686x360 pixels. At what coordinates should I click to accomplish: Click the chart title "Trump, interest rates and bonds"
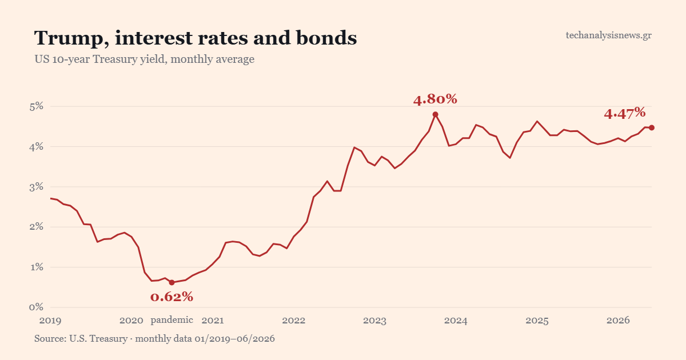196,39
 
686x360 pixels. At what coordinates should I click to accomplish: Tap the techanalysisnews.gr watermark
608,35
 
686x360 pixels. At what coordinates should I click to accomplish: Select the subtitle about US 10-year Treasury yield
144,59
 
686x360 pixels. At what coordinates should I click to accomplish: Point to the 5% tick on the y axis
37,106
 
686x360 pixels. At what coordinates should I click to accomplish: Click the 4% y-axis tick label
37,147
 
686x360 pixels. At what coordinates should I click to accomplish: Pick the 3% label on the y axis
37,187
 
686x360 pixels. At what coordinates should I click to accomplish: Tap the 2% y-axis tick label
37,227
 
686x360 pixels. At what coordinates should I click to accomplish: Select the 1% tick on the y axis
37,267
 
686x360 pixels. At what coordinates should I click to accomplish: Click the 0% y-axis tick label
37,307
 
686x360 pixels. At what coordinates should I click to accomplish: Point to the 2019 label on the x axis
50,321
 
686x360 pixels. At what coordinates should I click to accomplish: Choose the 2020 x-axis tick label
131,321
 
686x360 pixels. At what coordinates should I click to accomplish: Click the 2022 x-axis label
294,321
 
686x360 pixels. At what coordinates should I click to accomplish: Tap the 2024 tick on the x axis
456,321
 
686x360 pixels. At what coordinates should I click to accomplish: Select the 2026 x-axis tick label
618,321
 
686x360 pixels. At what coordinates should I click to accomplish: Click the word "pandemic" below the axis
172,320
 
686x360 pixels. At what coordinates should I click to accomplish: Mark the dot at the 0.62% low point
172,282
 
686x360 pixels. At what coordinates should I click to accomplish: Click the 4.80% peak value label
435,99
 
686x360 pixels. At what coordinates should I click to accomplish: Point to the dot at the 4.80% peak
435,114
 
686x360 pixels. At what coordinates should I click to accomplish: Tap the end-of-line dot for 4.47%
652,127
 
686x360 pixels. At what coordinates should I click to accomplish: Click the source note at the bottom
154,338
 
